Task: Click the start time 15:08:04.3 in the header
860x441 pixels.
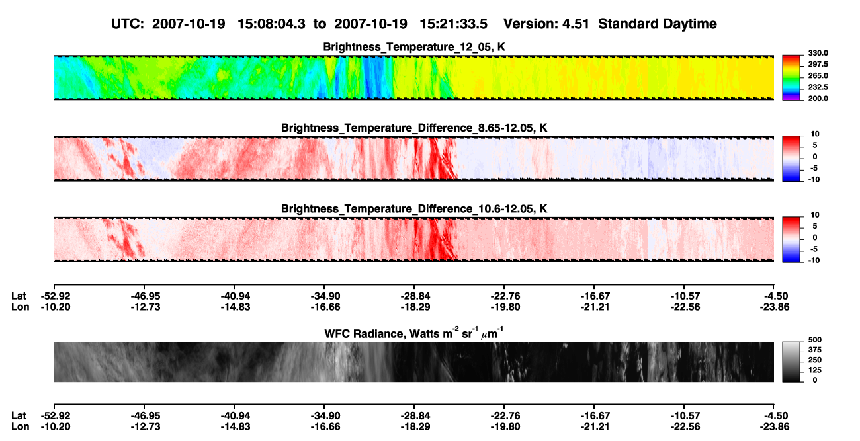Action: [271, 24]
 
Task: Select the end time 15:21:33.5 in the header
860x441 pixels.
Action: [453, 24]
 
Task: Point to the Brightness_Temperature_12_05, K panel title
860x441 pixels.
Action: [414, 47]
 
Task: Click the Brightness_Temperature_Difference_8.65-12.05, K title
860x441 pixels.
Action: [414, 128]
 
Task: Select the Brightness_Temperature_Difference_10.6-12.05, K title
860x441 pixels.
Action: [414, 209]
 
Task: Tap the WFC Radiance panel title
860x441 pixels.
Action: [414, 333]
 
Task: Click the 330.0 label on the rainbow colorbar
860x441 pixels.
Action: [818, 53]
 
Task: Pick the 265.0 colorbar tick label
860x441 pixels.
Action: [818, 75]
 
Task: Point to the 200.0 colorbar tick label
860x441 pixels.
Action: [818, 99]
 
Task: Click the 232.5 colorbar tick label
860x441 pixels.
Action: [818, 87]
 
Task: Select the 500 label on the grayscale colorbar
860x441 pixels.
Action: [815, 340]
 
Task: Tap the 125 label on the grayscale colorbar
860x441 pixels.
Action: [815, 370]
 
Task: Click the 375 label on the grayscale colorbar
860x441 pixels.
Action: [815, 350]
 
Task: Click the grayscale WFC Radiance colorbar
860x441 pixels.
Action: [791, 362]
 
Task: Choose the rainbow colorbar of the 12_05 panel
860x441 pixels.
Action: [791, 78]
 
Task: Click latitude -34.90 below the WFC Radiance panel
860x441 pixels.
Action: [325, 416]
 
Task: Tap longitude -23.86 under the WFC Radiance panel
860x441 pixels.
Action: [775, 427]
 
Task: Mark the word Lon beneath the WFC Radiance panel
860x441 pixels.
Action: [20, 427]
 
